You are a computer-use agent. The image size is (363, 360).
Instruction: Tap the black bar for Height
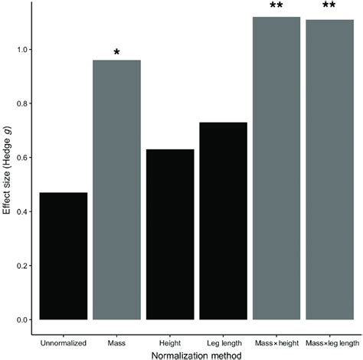(170, 234)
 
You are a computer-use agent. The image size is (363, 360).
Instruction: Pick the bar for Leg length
(223, 221)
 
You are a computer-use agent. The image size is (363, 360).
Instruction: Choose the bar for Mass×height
(276, 168)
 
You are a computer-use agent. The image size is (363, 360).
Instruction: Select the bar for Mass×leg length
(329, 169)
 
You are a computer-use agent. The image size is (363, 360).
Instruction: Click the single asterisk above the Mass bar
(116, 53)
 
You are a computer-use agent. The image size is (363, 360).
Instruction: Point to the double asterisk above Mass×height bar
(276, 7)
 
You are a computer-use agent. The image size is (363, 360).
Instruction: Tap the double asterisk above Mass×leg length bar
(329, 7)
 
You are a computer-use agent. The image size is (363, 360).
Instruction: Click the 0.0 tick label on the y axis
(21, 319)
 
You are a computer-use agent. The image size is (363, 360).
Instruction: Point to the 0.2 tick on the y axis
(21, 266)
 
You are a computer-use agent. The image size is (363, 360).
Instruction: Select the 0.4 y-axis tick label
(21, 211)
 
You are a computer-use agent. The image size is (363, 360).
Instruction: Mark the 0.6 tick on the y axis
(21, 158)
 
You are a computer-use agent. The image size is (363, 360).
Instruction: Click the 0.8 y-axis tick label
(21, 103)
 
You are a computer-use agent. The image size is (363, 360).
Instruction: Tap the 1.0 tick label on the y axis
(21, 50)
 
